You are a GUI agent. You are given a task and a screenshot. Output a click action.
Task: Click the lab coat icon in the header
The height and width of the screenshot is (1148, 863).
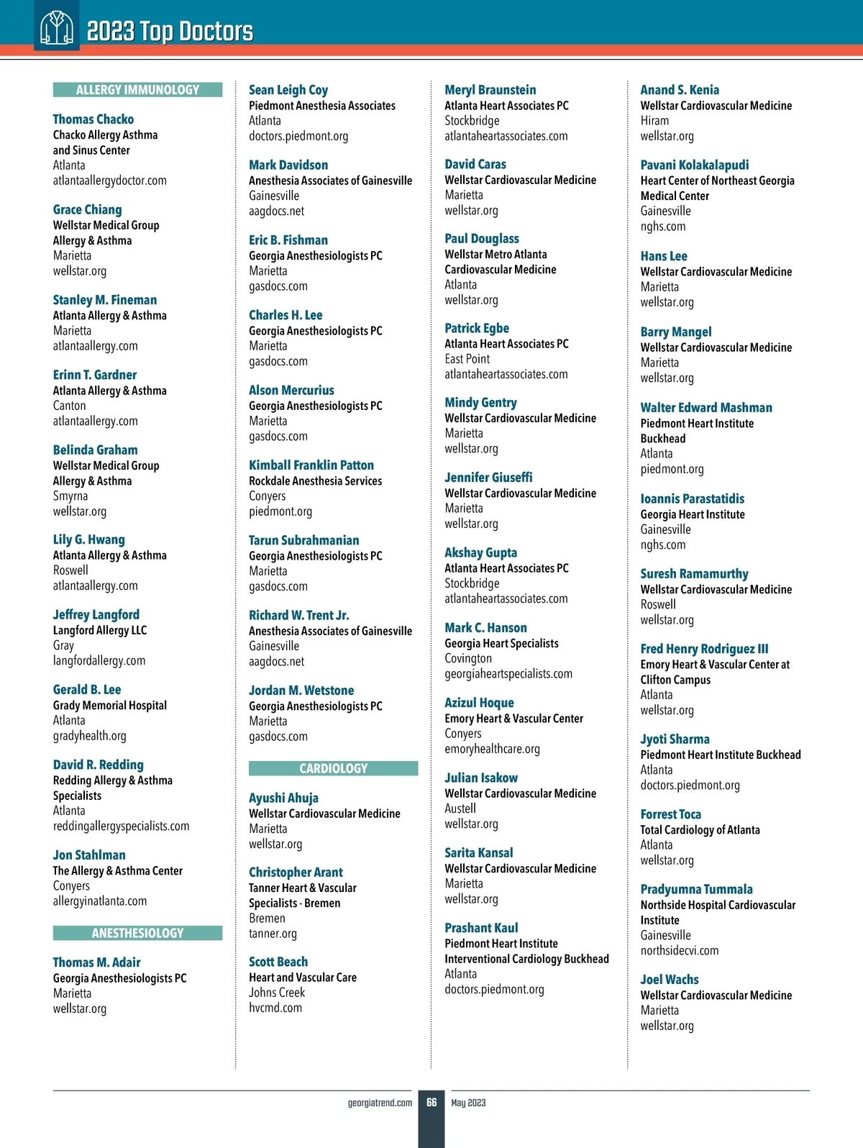[x=57, y=29]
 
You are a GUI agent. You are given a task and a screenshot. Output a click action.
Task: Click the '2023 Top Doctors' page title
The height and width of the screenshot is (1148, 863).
[x=170, y=32]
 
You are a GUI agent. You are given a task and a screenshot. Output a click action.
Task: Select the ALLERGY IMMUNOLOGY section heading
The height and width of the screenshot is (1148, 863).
[x=137, y=90]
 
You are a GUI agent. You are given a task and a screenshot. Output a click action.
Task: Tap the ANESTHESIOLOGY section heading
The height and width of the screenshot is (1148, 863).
[x=137, y=933]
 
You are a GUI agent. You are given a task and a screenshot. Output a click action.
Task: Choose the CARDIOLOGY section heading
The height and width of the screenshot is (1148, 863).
[x=333, y=768]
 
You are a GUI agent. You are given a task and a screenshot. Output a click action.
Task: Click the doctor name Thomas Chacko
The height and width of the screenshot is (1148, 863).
[x=93, y=119]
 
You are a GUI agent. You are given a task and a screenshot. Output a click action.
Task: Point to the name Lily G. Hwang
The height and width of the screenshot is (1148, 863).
[x=89, y=539]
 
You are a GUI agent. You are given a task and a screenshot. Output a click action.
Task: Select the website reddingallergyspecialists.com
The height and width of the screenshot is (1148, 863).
[x=122, y=826]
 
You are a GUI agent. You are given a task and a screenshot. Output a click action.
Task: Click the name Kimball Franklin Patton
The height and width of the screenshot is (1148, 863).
[x=311, y=465]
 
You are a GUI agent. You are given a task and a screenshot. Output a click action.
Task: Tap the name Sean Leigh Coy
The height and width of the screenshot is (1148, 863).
[x=288, y=90]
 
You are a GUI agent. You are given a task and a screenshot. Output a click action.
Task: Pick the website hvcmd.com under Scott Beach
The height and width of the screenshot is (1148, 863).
[x=275, y=1008]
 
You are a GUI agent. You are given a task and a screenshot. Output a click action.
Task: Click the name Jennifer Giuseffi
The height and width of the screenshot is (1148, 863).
[x=488, y=478]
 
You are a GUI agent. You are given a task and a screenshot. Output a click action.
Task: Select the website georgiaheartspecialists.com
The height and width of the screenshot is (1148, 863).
[x=508, y=674]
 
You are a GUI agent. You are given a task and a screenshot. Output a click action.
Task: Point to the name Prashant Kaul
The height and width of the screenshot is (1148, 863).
[x=481, y=928]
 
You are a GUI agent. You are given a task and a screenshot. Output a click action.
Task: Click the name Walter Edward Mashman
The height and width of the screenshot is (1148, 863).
[x=706, y=408]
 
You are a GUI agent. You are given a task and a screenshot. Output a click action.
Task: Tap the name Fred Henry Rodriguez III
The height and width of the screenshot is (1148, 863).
[x=704, y=649]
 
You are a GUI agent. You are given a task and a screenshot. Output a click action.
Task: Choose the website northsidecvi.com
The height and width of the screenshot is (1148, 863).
[x=680, y=951]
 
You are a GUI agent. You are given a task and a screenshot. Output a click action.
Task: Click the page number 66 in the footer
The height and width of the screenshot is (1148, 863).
[x=431, y=1102]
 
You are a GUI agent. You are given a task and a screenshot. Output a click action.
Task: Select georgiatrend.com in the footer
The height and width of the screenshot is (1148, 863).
[x=380, y=1103]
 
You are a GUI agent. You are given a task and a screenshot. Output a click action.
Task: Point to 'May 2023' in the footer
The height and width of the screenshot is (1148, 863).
[x=468, y=1103]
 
